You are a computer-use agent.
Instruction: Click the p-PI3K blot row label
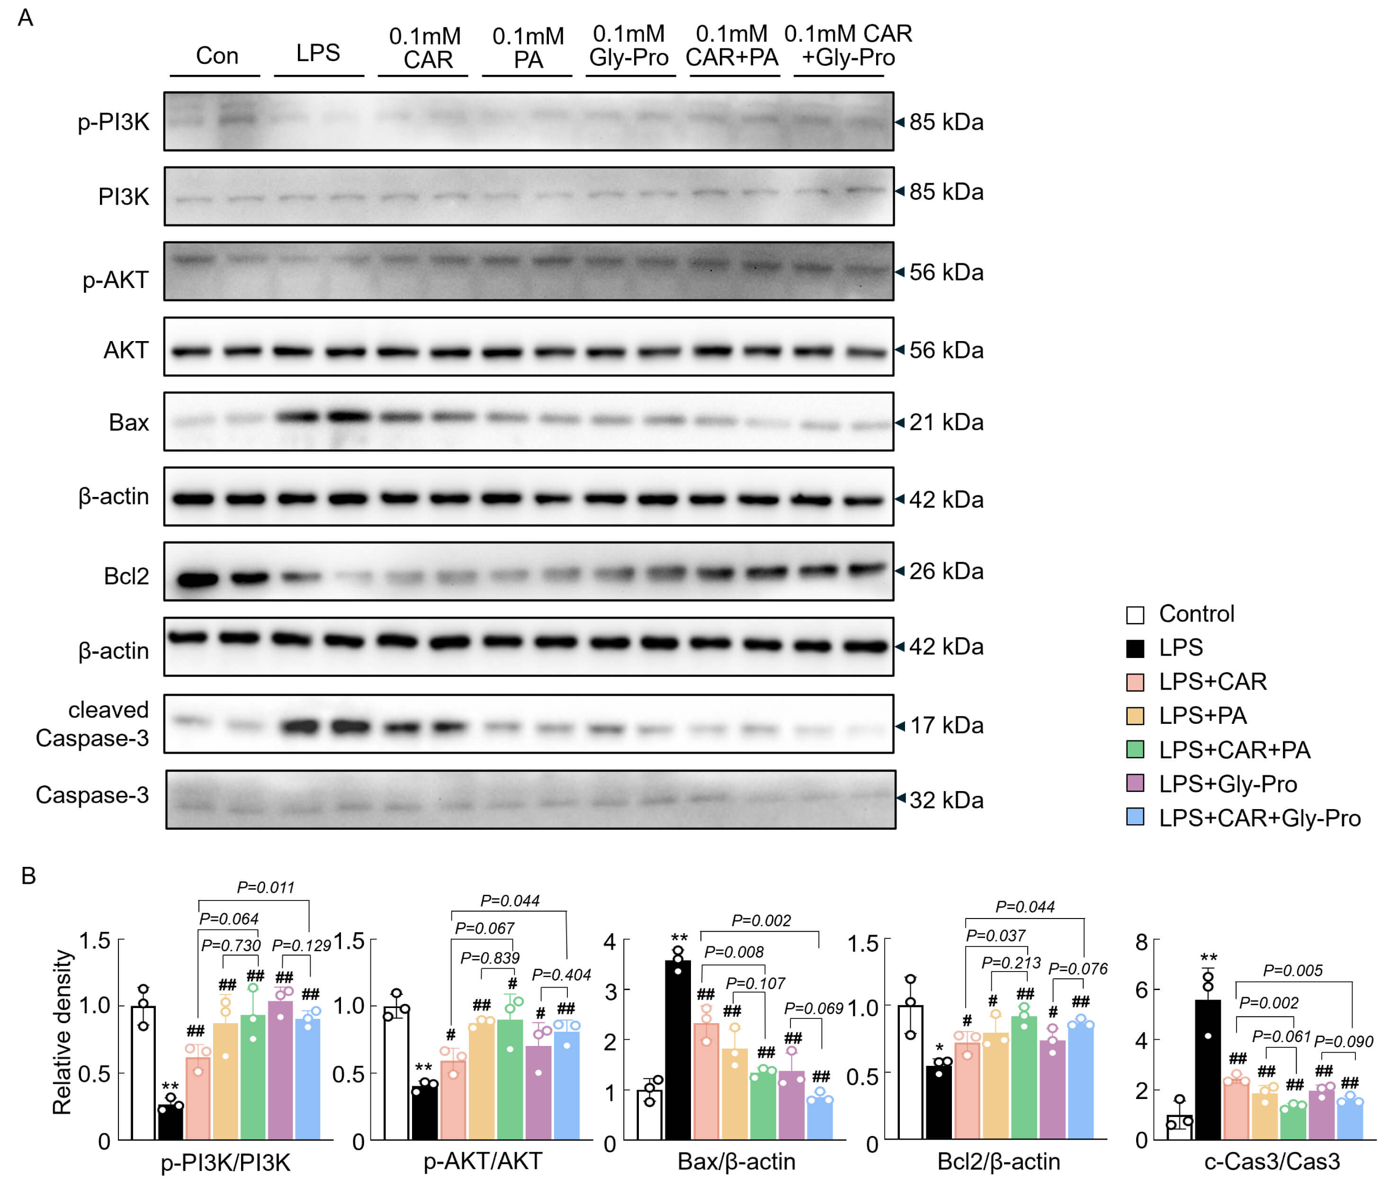pyautogui.click(x=113, y=122)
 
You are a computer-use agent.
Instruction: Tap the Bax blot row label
pyautogui.click(x=129, y=422)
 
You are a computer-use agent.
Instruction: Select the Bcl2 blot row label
pyautogui.click(x=126, y=576)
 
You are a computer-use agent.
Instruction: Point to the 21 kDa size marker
pyautogui.click(x=946, y=422)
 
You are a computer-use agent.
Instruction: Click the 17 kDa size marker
pyautogui.click(x=946, y=725)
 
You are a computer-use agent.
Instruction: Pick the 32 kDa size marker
pyautogui.click(x=946, y=800)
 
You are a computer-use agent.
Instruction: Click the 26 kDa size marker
pyautogui.click(x=946, y=571)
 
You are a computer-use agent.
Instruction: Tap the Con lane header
pyautogui.click(x=217, y=55)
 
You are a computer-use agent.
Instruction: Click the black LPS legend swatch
pyautogui.click(x=1134, y=648)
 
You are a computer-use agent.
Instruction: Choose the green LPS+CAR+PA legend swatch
pyautogui.click(x=1134, y=749)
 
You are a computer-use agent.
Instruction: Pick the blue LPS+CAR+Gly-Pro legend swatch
pyautogui.click(x=1134, y=817)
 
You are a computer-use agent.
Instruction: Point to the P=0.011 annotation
pyautogui.click(x=266, y=887)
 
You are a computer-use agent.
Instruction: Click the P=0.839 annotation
pyautogui.click(x=490, y=957)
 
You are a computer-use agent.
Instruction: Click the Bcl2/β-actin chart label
pyautogui.click(x=998, y=1162)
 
